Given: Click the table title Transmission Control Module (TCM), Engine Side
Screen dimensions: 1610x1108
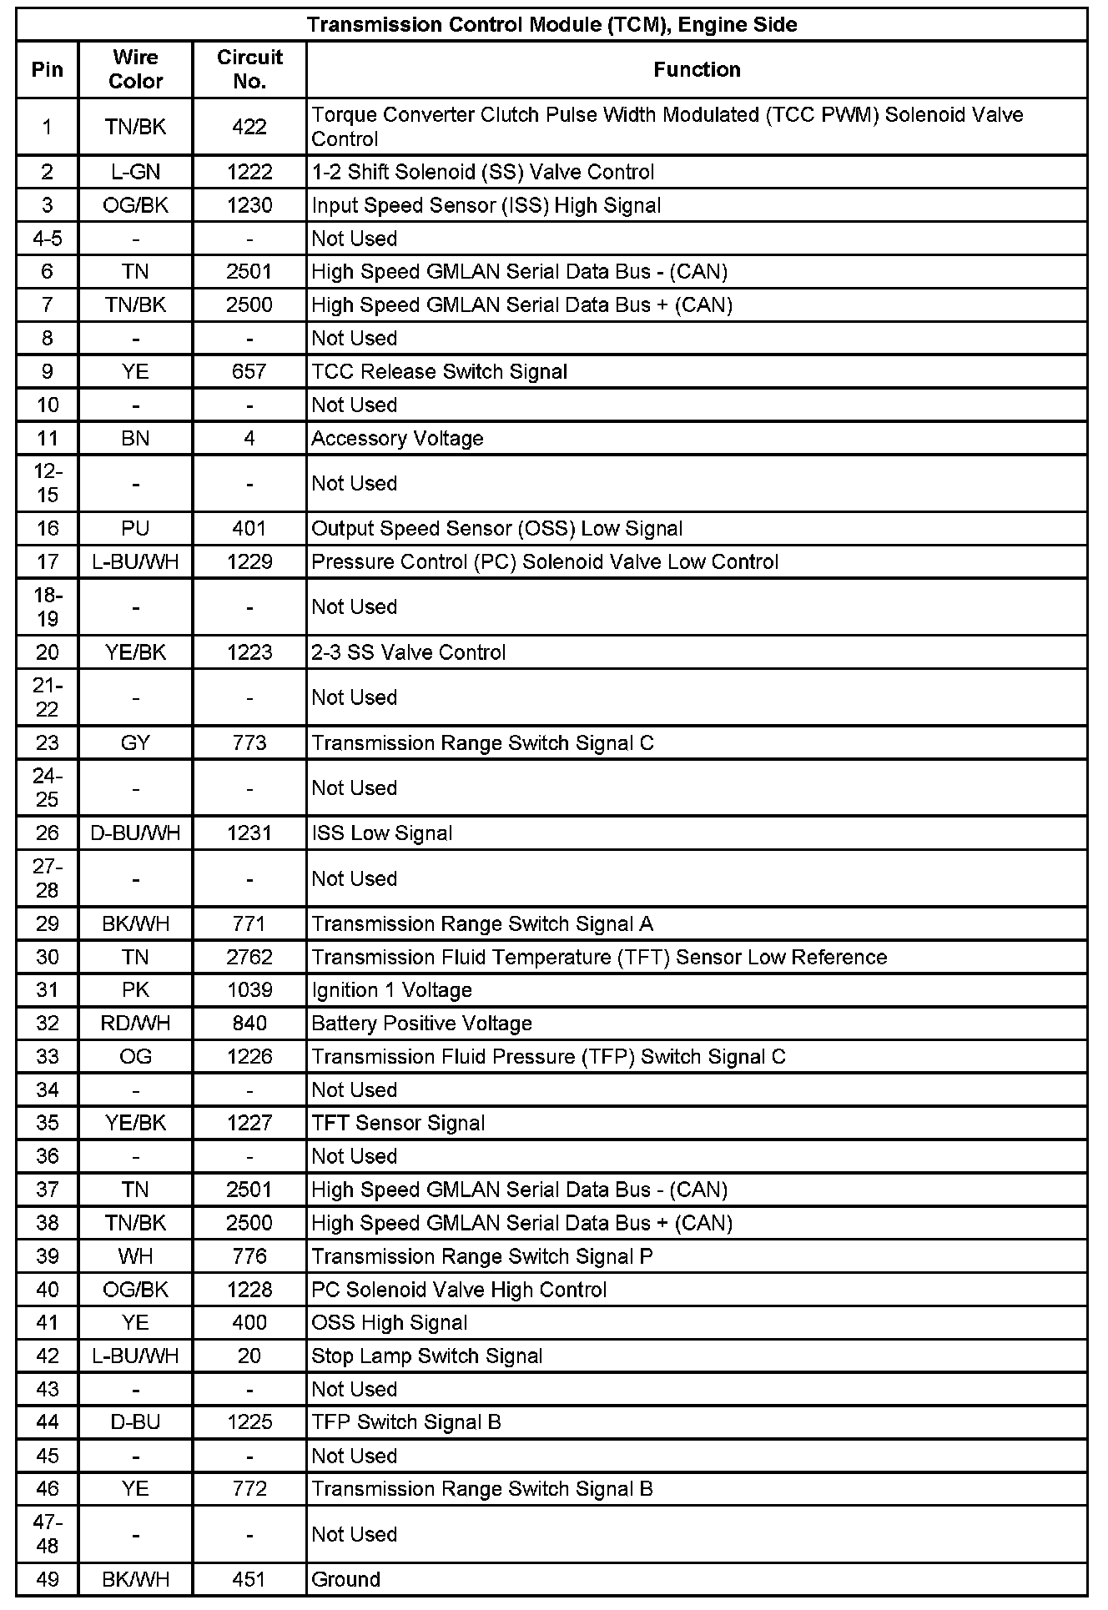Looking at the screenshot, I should [x=551, y=25].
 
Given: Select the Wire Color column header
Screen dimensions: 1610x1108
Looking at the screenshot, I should [x=135, y=69].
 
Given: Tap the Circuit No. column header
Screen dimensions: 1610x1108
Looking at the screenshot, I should [x=249, y=69].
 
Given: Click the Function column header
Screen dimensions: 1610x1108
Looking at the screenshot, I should [x=697, y=69].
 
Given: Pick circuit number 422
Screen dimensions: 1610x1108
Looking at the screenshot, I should [x=249, y=127].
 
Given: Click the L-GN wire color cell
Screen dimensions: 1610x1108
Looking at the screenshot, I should [x=135, y=172].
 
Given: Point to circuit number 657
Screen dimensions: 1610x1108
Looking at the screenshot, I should [x=249, y=371].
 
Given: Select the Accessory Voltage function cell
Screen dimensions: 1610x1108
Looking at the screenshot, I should [x=397, y=438].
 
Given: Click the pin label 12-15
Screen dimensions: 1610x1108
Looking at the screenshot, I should [x=48, y=483].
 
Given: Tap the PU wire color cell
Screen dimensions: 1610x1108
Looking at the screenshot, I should [x=135, y=528].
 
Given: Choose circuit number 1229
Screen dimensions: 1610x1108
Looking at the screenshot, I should [x=249, y=561].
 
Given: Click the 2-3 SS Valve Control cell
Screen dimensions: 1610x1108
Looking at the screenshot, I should [x=408, y=652].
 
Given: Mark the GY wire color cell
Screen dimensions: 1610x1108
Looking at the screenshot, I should [x=135, y=742].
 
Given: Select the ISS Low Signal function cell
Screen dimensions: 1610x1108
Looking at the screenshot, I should [x=381, y=833].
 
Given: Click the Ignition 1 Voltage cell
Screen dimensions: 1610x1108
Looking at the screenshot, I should [x=391, y=990].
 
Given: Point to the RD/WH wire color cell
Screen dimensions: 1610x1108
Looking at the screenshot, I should [x=135, y=1024].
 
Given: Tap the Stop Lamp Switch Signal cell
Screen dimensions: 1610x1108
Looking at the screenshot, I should [x=426, y=1356].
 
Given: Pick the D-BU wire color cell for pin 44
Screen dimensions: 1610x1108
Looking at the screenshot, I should [x=135, y=1422].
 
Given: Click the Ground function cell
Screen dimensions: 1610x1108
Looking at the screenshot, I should [x=345, y=1579].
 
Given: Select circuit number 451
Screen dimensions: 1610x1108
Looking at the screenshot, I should [x=249, y=1579].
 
